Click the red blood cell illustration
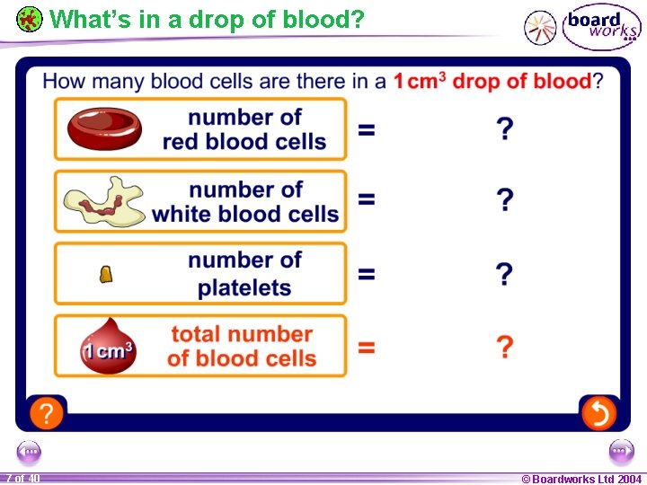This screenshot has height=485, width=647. click(x=104, y=128)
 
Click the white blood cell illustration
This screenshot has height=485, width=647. click(x=103, y=202)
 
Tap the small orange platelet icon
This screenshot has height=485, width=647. click(x=105, y=275)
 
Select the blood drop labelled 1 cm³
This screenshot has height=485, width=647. click(x=108, y=347)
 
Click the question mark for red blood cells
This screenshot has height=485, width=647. click(x=506, y=129)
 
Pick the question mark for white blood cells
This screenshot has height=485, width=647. click(x=506, y=200)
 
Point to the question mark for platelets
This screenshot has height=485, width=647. click(x=506, y=274)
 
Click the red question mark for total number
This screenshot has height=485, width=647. click(x=506, y=347)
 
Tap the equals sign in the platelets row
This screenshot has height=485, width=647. click(x=367, y=274)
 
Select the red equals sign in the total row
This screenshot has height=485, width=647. click(x=367, y=347)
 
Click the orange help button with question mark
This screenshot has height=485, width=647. click(x=46, y=413)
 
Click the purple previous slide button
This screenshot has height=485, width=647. click(x=30, y=452)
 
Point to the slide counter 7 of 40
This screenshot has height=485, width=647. click(x=22, y=479)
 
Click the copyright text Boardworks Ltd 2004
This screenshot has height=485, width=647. click(x=581, y=479)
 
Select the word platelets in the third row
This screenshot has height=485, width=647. click(x=244, y=288)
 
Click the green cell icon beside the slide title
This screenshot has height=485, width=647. click(x=30, y=19)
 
